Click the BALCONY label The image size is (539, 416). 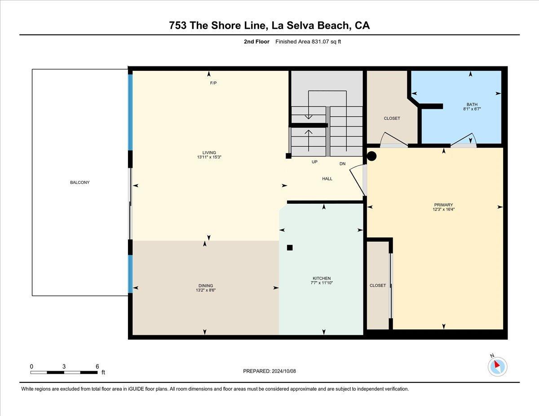(80, 183)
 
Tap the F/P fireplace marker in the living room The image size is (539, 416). (213, 83)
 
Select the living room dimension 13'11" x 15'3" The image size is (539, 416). (209, 158)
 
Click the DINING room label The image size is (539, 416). (206, 285)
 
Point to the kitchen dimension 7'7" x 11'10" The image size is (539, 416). (321, 283)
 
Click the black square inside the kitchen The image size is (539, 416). (290, 247)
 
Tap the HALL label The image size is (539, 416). (327, 179)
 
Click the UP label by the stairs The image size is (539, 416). (315, 162)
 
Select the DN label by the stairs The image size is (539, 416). (342, 164)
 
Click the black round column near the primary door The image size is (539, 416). (371, 156)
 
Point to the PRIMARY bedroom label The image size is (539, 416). (443, 205)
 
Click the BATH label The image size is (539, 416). (472, 104)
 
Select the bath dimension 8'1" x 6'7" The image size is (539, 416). (472, 109)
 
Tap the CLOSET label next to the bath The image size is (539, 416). (392, 118)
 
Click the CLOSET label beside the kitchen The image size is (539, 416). (377, 285)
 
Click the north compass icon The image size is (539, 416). (497, 366)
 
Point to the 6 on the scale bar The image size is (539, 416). (97, 366)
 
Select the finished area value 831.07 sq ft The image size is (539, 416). (311, 42)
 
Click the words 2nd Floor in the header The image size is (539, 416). (257, 42)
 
